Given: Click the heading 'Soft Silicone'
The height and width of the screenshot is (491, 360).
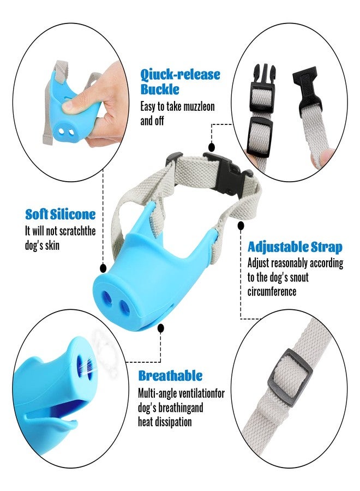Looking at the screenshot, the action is (x=61, y=214).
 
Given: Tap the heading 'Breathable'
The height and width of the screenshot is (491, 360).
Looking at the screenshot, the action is (x=170, y=375).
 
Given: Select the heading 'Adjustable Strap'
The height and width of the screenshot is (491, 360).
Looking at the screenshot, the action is (x=295, y=247).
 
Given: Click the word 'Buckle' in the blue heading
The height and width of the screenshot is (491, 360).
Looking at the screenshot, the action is (x=160, y=89).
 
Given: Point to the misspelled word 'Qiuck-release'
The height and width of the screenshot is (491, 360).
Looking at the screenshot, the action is (x=181, y=75).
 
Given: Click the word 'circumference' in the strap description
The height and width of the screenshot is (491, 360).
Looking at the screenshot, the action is (x=272, y=291).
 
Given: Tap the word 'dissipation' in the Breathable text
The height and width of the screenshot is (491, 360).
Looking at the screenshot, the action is (x=176, y=422).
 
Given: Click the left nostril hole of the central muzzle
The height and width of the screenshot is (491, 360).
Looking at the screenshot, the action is (x=107, y=298).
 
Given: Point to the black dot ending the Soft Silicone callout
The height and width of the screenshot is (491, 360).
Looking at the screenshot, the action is (x=103, y=268).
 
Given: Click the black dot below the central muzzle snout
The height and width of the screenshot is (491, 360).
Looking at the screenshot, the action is (x=160, y=328).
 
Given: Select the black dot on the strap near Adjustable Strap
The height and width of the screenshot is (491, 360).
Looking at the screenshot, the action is (x=241, y=225).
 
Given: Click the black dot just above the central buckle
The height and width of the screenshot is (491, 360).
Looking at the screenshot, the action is (x=212, y=147).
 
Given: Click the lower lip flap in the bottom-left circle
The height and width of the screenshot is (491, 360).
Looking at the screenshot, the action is (x=52, y=420).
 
